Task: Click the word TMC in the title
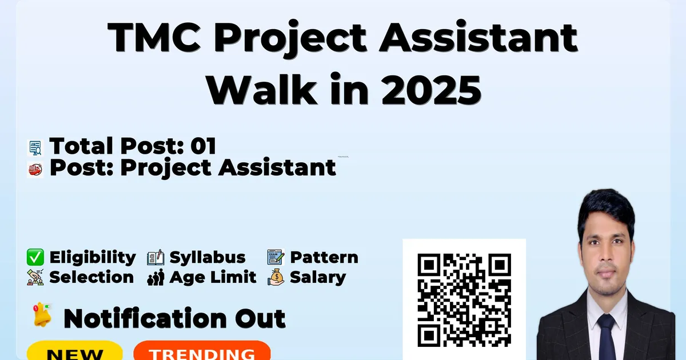coord(154,37)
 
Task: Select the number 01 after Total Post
coord(204,146)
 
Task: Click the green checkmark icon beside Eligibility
coord(35,257)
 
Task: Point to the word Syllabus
coord(208,258)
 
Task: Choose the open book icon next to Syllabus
coord(155,258)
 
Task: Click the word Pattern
coord(324,258)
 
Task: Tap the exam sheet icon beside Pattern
coord(276,257)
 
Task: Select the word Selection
coord(91,277)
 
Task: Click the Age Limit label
coord(213,278)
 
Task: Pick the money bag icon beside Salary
coord(276,277)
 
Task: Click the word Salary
coord(318,278)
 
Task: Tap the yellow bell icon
coord(42,315)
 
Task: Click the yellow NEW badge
coord(75,350)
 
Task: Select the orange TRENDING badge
coord(202,350)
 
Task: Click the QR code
coord(464,300)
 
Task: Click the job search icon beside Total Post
coord(35,148)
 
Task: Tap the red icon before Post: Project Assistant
coord(35,170)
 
